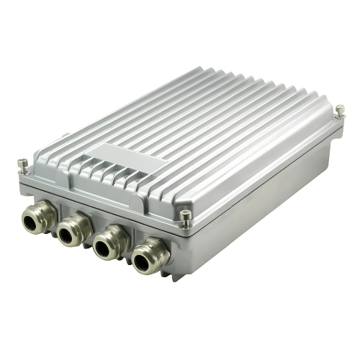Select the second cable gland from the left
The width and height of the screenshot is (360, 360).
coord(73,229)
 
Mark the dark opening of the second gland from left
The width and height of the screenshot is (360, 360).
coord(68,232)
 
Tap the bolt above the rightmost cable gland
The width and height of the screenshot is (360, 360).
coord(186,217)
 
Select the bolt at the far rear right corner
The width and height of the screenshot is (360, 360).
coord(340,111)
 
